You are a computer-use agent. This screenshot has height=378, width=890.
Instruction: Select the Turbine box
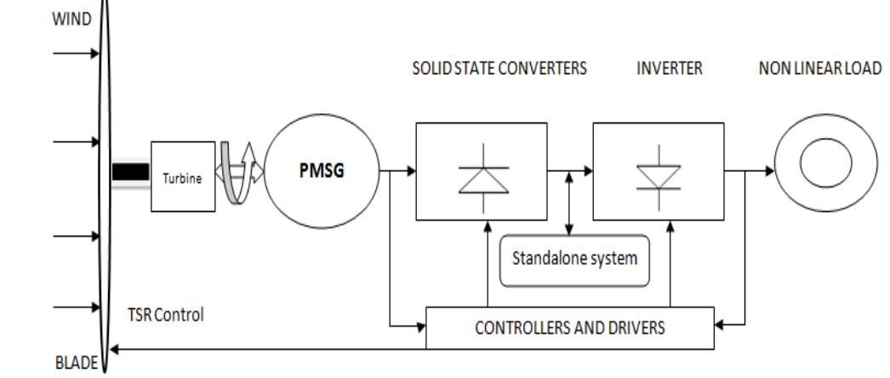pos(183,176)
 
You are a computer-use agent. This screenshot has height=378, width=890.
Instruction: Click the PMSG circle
pos(322,169)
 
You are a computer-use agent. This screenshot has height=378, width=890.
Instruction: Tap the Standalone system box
pos(573,259)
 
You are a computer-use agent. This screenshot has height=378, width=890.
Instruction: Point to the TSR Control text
pos(160,314)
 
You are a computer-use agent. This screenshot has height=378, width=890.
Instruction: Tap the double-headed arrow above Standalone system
pos(569,205)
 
